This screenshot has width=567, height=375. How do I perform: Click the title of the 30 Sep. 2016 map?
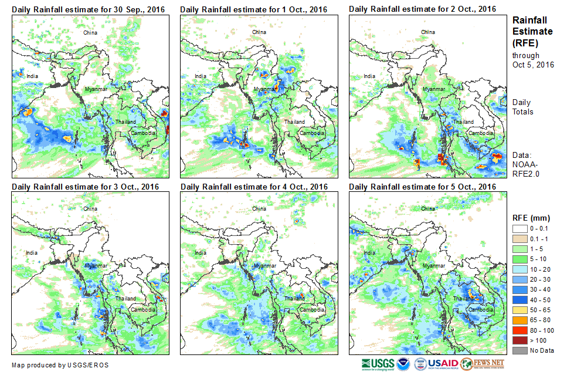(88, 9)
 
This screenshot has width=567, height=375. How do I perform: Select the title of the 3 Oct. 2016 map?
(86, 187)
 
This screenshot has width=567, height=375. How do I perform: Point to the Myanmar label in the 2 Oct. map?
(434, 89)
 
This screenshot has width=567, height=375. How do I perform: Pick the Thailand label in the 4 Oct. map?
(294, 299)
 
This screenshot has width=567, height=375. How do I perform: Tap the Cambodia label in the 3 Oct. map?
(143, 309)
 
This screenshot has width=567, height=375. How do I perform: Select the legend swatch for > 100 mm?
(520, 340)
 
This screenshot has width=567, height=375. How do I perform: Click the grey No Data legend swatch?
(520, 350)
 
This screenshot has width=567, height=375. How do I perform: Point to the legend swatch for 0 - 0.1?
(520, 228)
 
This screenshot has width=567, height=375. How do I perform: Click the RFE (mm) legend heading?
(532, 218)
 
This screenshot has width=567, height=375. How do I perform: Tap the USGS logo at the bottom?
(379, 364)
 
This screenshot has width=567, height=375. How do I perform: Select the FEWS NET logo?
(483, 364)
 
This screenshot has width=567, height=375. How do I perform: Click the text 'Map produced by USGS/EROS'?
(60, 365)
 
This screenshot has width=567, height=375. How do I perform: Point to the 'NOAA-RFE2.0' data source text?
(526, 168)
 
